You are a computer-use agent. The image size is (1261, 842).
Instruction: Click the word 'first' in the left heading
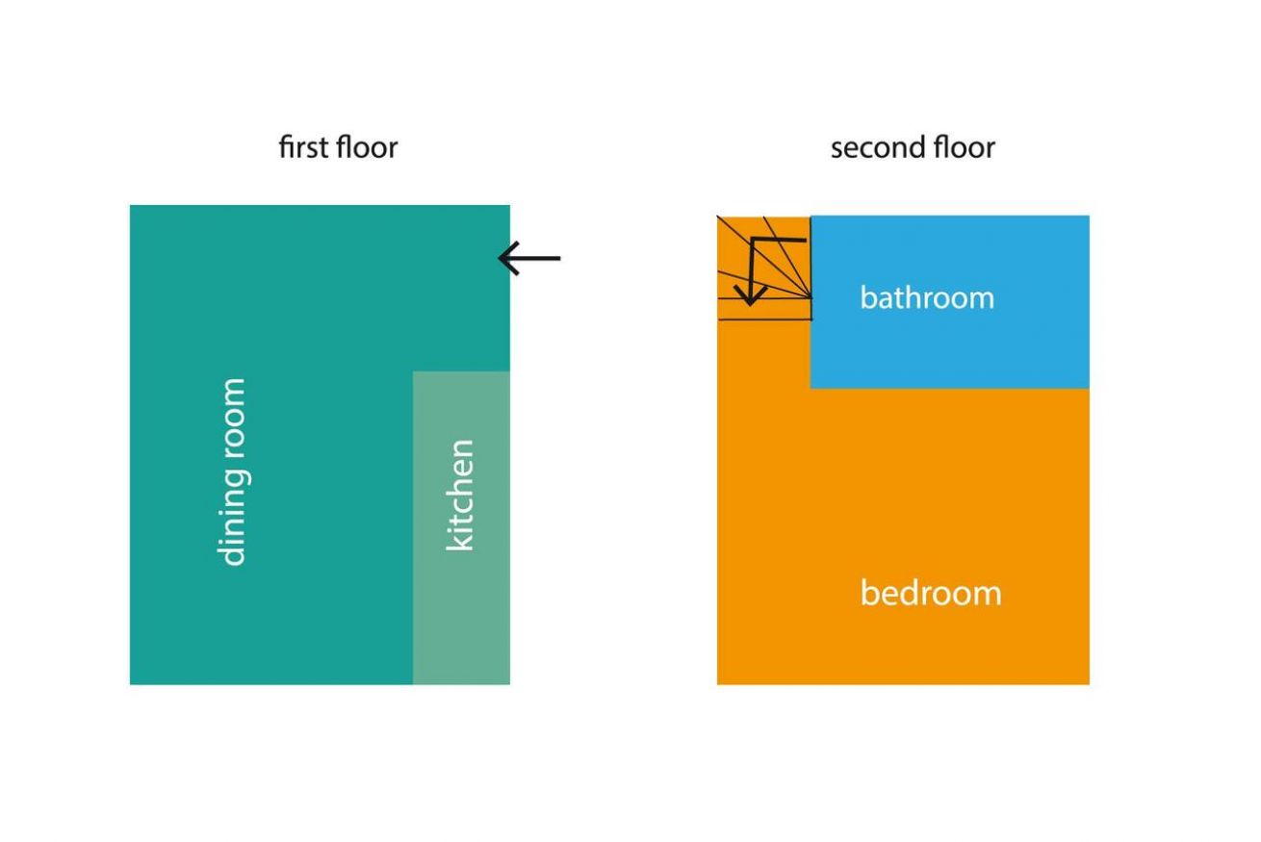pyautogui.click(x=303, y=147)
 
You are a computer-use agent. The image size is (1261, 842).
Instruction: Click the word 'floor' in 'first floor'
pyautogui.click(x=367, y=147)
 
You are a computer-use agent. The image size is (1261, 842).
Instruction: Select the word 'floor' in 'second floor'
pyautogui.click(x=965, y=147)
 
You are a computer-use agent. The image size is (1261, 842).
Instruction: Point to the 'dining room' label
pyautogui.click(x=232, y=472)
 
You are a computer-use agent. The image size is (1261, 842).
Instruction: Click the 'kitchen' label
pyautogui.click(x=460, y=496)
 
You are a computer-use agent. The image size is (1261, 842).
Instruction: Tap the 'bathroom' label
pyautogui.click(x=927, y=297)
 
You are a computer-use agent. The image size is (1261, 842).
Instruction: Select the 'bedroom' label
pyautogui.click(x=931, y=593)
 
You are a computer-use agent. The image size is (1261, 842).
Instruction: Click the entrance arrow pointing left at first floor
pyautogui.click(x=529, y=258)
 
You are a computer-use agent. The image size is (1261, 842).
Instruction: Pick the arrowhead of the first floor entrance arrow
pyautogui.click(x=508, y=258)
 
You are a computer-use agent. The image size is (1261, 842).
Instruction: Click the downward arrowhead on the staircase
pyautogui.click(x=751, y=296)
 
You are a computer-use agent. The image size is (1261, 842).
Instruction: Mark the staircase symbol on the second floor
pyautogui.click(x=764, y=268)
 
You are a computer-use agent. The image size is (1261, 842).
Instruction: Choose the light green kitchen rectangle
pyautogui.click(x=462, y=528)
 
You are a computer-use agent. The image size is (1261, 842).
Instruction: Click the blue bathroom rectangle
pyautogui.click(x=950, y=302)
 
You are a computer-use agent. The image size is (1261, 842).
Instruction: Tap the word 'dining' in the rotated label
pyautogui.click(x=232, y=519)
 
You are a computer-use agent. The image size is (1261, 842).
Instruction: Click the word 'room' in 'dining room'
pyautogui.click(x=232, y=420)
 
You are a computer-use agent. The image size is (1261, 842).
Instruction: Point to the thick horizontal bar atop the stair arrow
pyautogui.click(x=780, y=240)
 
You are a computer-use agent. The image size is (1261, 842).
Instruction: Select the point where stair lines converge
pyautogui.click(x=811, y=297)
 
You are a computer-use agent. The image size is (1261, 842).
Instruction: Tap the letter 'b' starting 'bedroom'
pyautogui.click(x=870, y=593)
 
